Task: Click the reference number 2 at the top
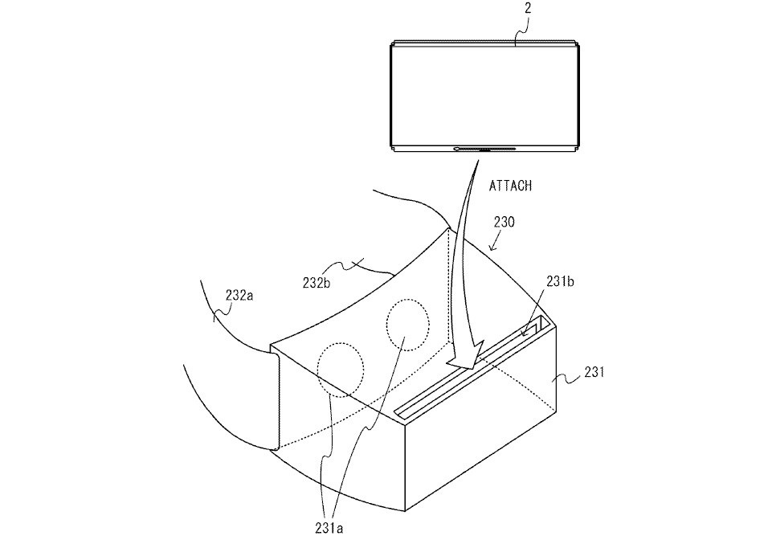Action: pos(528,8)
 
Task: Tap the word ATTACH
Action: pos(510,186)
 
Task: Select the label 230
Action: pos(504,223)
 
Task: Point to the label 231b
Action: pos(560,281)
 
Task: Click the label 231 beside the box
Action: pos(594,372)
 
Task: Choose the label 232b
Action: pos(317,284)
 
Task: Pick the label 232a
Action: pos(239,295)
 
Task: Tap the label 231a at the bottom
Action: pos(329,528)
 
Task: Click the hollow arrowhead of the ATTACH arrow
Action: pos(465,354)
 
